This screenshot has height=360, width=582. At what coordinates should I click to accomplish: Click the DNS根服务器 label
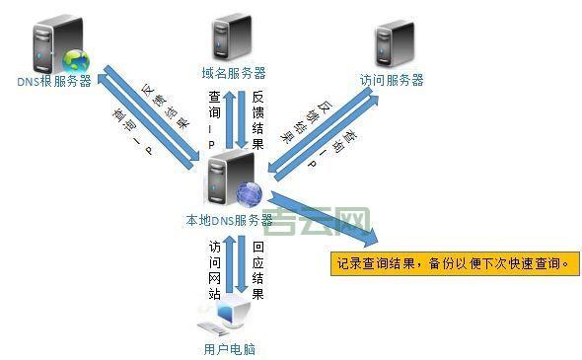click(x=54, y=81)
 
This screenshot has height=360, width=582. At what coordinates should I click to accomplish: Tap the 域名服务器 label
click(x=234, y=73)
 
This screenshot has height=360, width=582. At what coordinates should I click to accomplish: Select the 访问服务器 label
click(x=392, y=79)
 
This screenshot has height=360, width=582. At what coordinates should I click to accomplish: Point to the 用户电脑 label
click(x=229, y=348)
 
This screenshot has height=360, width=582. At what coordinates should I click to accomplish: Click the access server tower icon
click(x=392, y=43)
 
